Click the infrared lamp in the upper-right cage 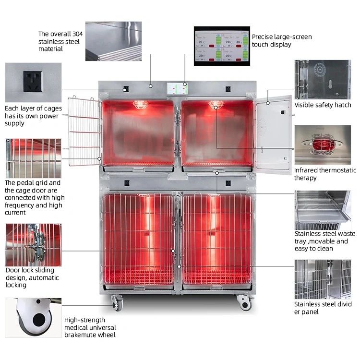tap(216, 104)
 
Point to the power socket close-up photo tap(33, 83)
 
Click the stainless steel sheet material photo tap(113, 41)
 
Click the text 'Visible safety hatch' tap(323, 105)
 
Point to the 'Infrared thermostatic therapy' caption tap(325, 174)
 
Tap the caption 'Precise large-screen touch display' tap(282, 40)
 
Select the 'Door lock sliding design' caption tap(32, 277)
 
